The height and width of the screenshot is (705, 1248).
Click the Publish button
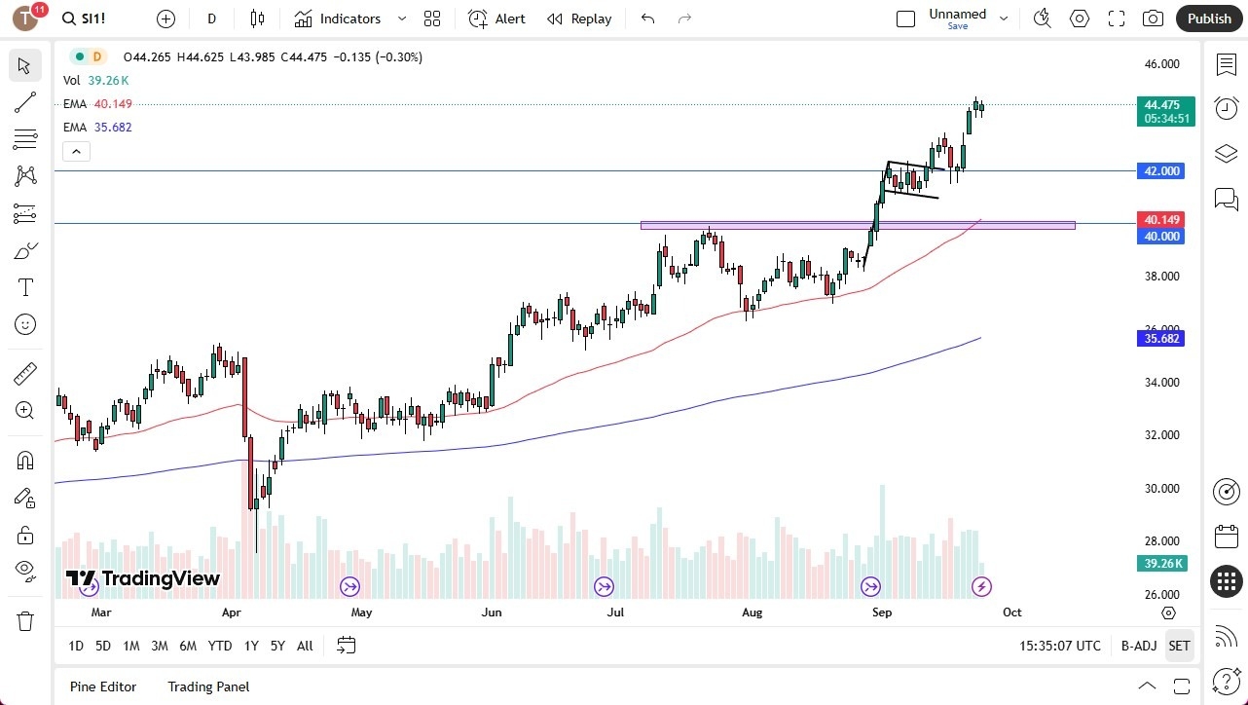pyautogui.click(x=1209, y=19)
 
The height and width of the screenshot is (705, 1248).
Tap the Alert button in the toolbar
pyautogui.click(x=496, y=19)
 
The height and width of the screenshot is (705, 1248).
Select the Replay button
pyautogui.click(x=579, y=19)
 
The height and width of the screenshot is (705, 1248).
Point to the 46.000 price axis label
pyautogui.click(x=1161, y=64)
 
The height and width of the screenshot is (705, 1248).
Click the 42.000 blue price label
pyautogui.click(x=1160, y=170)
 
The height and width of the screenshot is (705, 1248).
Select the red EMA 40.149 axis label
pyautogui.click(x=1160, y=220)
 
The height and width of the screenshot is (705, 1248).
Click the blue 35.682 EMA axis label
pyautogui.click(x=1160, y=339)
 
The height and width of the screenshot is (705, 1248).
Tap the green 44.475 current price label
pyautogui.click(x=1160, y=105)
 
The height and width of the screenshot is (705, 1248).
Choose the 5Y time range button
pyautogui.click(x=277, y=646)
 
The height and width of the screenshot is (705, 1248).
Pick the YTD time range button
pyautogui.click(x=220, y=646)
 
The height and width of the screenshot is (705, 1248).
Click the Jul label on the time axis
pyautogui.click(x=615, y=612)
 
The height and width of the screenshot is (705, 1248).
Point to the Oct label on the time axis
pyautogui.click(x=1011, y=612)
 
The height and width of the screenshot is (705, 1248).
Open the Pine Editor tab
pyautogui.click(x=103, y=686)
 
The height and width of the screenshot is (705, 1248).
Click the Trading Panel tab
pyautogui.click(x=208, y=686)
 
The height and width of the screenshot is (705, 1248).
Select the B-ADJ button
pyautogui.click(x=1138, y=646)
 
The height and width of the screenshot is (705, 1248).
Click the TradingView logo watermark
pyautogui.click(x=143, y=578)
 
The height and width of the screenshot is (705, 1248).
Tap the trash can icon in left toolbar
pyautogui.click(x=25, y=621)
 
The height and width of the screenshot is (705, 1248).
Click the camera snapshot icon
pyautogui.click(x=1153, y=19)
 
